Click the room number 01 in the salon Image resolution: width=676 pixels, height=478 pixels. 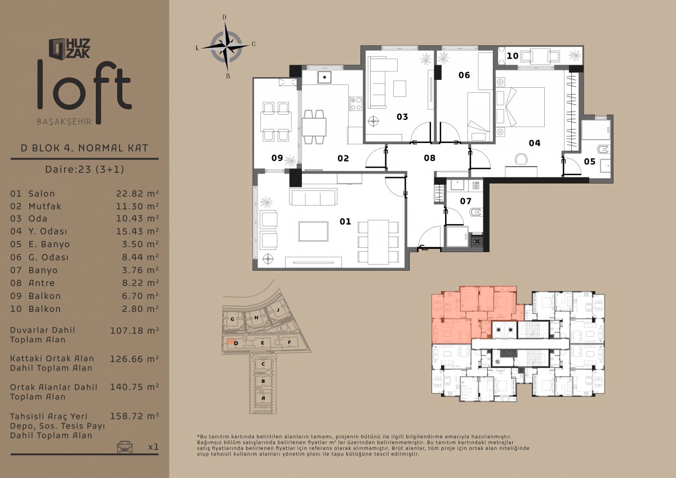click(345, 222)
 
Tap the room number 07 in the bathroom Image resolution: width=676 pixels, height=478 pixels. click(466, 201)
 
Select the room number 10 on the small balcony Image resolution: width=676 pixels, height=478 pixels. click(513, 56)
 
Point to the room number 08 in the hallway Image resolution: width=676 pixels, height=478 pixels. click(429, 158)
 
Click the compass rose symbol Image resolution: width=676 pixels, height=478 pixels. click(226, 46)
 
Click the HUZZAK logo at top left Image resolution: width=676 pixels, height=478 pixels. click(70, 48)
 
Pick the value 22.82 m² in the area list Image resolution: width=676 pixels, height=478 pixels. click(137, 193)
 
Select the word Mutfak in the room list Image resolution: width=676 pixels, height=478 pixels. click(45, 206)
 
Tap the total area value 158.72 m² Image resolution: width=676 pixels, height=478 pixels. click(134, 416)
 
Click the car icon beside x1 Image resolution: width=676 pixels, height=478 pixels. click(124, 446)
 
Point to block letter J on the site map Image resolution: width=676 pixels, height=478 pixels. click(278, 310)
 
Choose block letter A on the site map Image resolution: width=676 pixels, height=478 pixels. click(263, 398)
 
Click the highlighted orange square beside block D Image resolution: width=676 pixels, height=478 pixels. click(230, 341)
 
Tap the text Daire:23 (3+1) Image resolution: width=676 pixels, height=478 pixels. click(84, 169)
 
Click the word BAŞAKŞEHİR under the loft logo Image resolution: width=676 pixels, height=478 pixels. click(64, 122)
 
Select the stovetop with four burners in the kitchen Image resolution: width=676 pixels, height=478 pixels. click(356, 104)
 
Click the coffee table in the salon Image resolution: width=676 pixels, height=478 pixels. click(314, 231)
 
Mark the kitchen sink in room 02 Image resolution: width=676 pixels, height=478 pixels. click(324, 78)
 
